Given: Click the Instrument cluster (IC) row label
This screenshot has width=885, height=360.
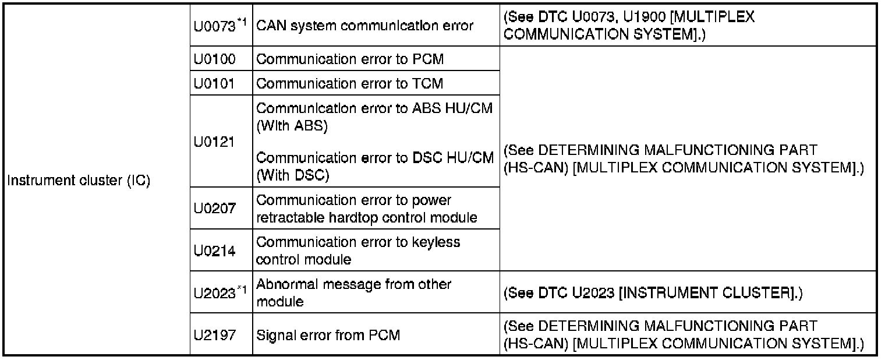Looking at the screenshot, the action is coord(78,181).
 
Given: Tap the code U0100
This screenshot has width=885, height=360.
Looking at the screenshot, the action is coord(214,59).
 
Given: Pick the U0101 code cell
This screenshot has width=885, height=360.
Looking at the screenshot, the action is coord(214,84).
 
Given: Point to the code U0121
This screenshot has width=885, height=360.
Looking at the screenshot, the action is coord(214,142).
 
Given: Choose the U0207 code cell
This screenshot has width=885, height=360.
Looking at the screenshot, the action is coord(214,209).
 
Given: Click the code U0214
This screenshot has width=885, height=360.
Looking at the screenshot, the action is coord(214,251).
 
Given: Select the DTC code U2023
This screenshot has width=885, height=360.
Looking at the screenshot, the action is coord(215,293).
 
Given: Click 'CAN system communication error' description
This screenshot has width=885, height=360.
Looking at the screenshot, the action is coord(364,26).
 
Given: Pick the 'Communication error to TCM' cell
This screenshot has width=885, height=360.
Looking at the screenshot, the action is coord(350,84).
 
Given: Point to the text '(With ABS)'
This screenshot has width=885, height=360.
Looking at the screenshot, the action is coord(292,126).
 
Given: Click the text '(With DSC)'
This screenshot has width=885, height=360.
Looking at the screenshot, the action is coord(292,175).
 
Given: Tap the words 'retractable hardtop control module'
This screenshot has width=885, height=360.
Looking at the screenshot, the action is coord(367,217).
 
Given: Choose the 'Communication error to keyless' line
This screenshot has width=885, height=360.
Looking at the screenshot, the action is coord(358,242).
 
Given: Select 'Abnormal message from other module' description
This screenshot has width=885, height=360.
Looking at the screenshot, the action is coord(353,293).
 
